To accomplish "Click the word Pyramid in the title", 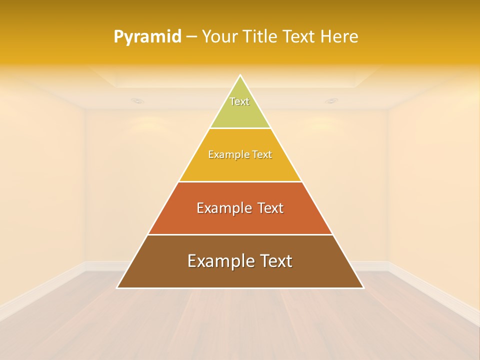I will pyautogui.click(x=147, y=37).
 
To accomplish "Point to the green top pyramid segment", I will pyautogui.click(x=240, y=112).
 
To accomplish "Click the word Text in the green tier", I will pyautogui.click(x=239, y=101).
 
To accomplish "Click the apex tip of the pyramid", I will pyautogui.click(x=240, y=75).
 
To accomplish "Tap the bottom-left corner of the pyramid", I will pyautogui.click(x=117, y=287).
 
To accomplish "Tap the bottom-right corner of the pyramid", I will pyautogui.click(x=363, y=287).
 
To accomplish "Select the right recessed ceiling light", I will pyautogui.click(x=331, y=101).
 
